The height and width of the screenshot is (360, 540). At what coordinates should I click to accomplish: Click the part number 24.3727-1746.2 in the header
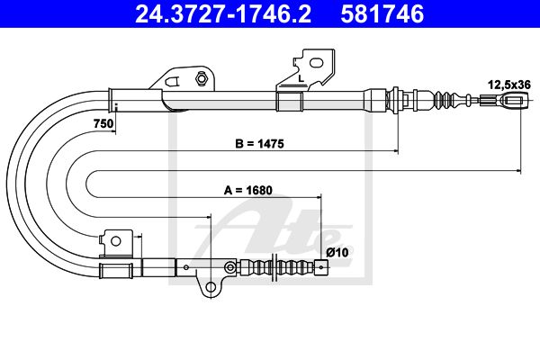[223, 14]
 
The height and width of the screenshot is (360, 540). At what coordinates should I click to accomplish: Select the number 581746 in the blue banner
[382, 14]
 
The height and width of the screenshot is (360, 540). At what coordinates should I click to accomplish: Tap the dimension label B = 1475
[259, 143]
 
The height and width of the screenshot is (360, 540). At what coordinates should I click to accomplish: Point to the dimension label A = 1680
[248, 190]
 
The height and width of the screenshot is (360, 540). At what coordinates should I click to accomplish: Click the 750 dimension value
[103, 123]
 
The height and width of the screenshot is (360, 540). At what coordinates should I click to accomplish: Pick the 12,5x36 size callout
[509, 85]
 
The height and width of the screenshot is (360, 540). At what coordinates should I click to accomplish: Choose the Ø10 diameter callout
[337, 252]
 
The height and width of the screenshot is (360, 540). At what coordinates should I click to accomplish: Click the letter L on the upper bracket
[301, 78]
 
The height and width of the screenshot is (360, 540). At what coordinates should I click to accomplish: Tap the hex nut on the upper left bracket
[201, 77]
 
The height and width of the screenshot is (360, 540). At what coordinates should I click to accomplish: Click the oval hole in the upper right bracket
[317, 63]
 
